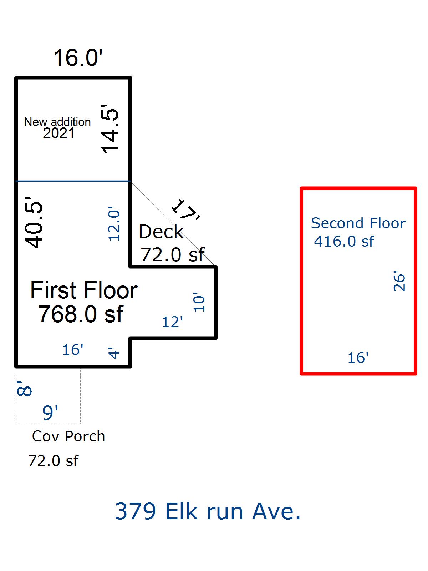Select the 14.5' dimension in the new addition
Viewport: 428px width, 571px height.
pyautogui.click(x=110, y=129)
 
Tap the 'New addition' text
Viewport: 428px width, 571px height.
pyautogui.click(x=57, y=122)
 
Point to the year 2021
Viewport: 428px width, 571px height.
pyautogui.click(x=59, y=133)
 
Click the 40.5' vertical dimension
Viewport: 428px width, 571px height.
pyautogui.click(x=34, y=225)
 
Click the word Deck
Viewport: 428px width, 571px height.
pyautogui.click(x=161, y=232)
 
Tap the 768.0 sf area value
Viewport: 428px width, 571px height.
pyautogui.click(x=81, y=314)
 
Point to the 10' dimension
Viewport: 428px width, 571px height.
pyautogui.click(x=199, y=303)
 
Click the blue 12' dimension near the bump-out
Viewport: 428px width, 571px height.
pyautogui.click(x=172, y=322)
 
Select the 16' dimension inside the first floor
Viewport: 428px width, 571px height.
pyautogui.click(x=73, y=350)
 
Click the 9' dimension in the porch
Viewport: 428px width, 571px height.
pyautogui.click(x=50, y=413)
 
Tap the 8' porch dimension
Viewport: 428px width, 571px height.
pyautogui.click(x=24, y=388)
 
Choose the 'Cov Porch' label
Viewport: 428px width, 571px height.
pyautogui.click(x=68, y=436)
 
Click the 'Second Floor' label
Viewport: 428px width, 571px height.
pyautogui.click(x=358, y=223)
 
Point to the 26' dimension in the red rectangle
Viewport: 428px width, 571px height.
pyautogui.click(x=399, y=282)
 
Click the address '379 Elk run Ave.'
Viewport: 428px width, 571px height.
pyautogui.click(x=208, y=511)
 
